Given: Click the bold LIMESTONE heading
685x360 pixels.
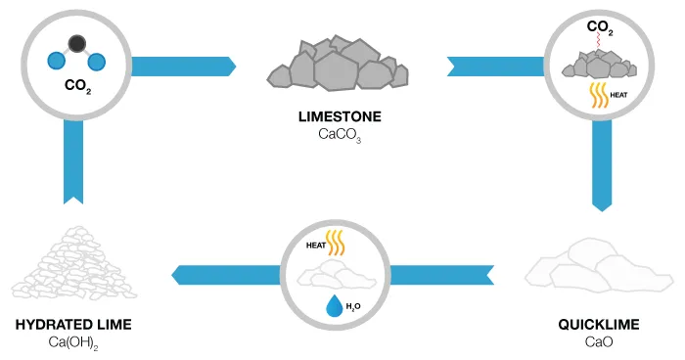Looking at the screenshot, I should coord(340,116).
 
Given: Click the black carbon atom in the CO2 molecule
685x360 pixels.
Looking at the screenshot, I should coord(75,42).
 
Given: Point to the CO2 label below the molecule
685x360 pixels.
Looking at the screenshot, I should coord(75,84).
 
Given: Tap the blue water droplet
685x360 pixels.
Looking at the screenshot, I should coord(336,308).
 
